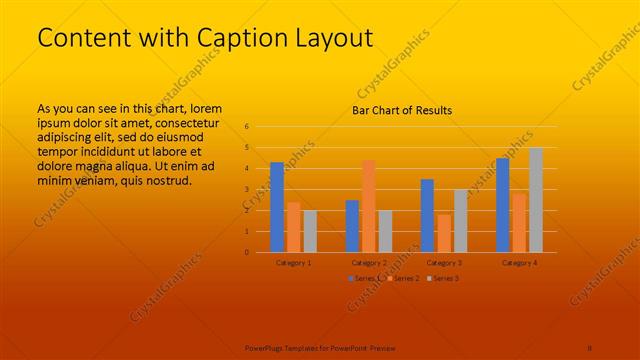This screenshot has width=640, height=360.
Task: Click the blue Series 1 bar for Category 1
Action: pos(277,207)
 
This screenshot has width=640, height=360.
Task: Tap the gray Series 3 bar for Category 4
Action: pos(536,200)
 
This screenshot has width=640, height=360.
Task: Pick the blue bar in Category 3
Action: pos(427,216)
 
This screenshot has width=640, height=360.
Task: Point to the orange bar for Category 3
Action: pos(443,233)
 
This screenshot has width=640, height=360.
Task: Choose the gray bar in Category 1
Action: pos(310,231)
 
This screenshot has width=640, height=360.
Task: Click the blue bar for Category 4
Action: pos(502,205)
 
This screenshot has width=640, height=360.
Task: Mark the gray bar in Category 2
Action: pos(385,231)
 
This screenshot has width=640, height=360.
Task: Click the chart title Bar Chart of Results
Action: pos(402,110)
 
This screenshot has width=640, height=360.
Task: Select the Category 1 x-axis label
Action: pos(293,262)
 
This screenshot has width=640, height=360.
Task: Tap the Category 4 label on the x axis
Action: pos(519,262)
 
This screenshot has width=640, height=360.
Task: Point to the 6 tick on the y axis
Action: pos(246,127)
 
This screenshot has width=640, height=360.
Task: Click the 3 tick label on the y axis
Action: pos(246,190)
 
